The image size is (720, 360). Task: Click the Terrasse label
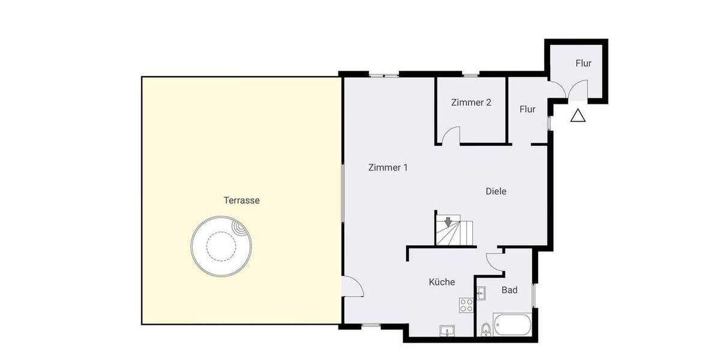[241, 200]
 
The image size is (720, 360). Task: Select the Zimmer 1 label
[388, 168]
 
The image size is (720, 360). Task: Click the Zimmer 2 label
[471, 103]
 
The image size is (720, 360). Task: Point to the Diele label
[496, 191]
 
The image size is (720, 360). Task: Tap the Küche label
[442, 282]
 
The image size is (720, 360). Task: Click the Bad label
[509, 290]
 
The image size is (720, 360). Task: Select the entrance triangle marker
[577, 116]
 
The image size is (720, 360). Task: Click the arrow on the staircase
[448, 222]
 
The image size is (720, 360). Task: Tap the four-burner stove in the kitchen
[466, 305]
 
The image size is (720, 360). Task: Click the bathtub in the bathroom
[512, 325]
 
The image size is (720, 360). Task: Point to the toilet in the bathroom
[485, 329]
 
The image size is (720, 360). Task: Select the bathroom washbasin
[481, 293]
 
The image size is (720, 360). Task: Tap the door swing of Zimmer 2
[451, 135]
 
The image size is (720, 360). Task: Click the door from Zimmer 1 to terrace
[352, 287]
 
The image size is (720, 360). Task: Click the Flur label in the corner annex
[583, 63]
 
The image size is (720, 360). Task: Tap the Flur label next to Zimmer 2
[527, 109]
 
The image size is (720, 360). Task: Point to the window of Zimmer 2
[470, 74]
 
